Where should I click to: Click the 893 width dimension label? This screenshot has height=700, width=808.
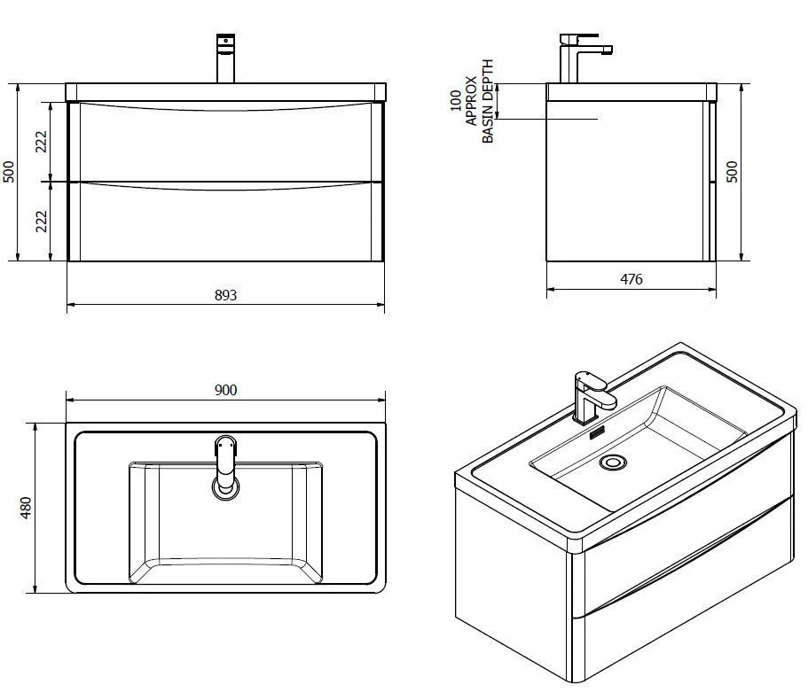(x=226, y=295)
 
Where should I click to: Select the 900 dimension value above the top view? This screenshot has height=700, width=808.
(x=226, y=390)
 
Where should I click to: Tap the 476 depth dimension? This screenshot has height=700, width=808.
(x=631, y=279)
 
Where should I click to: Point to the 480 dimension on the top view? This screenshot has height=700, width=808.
(x=26, y=507)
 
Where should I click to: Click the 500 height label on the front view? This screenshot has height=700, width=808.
(x=10, y=171)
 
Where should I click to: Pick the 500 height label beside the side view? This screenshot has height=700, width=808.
(x=733, y=171)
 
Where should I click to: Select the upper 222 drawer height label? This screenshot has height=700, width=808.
(x=42, y=141)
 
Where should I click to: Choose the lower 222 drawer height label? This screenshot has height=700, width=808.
(x=42, y=222)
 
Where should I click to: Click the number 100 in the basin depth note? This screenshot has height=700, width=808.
(x=456, y=99)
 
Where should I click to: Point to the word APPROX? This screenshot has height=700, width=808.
(x=471, y=102)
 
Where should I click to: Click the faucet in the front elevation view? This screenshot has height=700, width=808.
(x=225, y=58)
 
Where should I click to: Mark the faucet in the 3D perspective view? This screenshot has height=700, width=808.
(x=590, y=396)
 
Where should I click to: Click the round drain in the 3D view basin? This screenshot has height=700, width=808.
(x=612, y=462)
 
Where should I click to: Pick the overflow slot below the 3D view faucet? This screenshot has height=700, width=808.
(x=596, y=433)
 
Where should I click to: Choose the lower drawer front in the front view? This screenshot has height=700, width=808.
(x=226, y=223)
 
